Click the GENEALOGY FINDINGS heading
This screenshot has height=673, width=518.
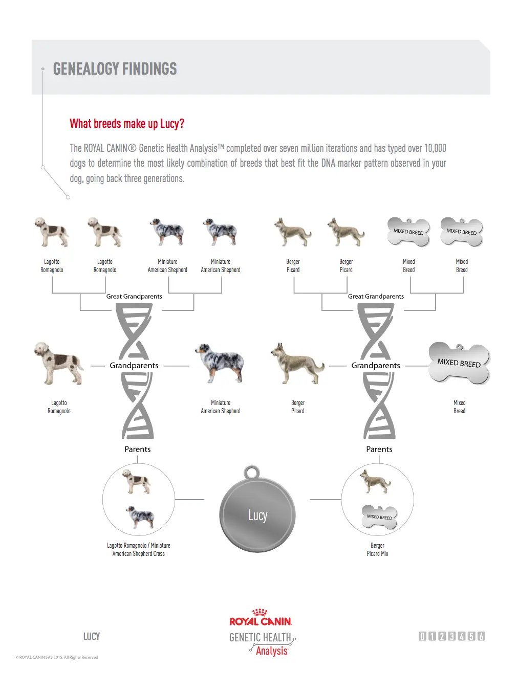[x=115, y=69]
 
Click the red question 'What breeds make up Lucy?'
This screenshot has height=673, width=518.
[x=127, y=124]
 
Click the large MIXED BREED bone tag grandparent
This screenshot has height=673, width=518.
[x=459, y=363]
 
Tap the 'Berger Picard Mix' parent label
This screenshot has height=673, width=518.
[x=377, y=549]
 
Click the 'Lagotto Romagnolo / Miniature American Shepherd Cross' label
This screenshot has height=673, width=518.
[x=139, y=549]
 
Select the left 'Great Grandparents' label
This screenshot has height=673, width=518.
[x=134, y=297]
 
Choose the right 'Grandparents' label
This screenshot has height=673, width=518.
[x=376, y=366]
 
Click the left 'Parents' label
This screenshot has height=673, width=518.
[x=137, y=449]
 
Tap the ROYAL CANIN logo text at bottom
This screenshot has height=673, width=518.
[x=261, y=621]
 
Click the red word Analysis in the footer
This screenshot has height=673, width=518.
[x=272, y=650]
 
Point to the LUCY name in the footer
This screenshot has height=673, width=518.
[x=92, y=637]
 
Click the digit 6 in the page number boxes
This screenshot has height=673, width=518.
[x=481, y=637]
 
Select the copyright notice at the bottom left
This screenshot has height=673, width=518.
[x=57, y=657]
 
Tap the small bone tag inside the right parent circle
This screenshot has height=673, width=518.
[x=379, y=517]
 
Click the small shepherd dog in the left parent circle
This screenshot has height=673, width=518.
[x=140, y=517]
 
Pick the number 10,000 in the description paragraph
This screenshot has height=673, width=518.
[x=435, y=148]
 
